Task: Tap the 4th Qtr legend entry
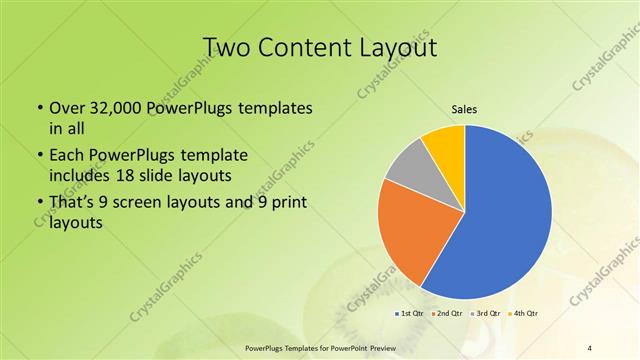[526, 313]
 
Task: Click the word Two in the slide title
[229, 47]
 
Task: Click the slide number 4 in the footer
[590, 347]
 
